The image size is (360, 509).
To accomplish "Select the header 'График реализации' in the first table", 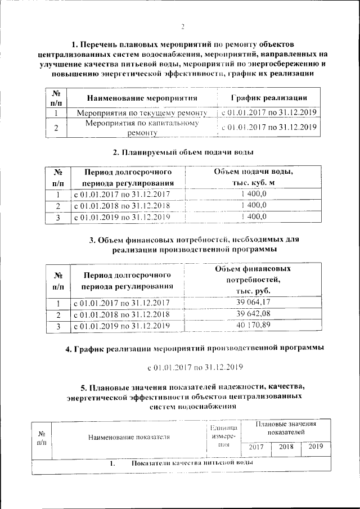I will (269, 98).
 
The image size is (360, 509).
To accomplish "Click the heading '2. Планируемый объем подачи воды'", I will (183, 152).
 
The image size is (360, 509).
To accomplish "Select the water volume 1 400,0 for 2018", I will (253, 205).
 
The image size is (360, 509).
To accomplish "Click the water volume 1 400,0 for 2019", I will (253, 217).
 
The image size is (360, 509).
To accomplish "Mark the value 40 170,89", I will (253, 325).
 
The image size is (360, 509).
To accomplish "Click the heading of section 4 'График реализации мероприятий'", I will (195, 349).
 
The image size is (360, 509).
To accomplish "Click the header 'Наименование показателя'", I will (129, 436).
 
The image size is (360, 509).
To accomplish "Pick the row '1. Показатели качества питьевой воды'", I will (181, 463).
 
